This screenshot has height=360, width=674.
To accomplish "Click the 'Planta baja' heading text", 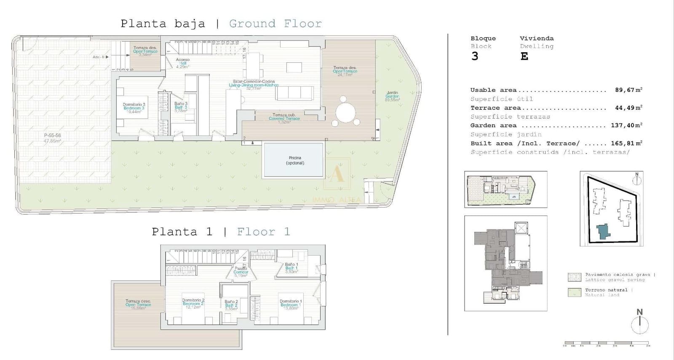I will (x=163, y=24).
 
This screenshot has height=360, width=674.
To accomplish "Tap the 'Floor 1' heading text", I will (x=263, y=232).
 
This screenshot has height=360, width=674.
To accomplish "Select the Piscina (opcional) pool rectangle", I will (x=294, y=160).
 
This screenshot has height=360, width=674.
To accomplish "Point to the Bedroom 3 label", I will (x=134, y=108).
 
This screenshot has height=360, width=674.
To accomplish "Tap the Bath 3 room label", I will (x=181, y=107).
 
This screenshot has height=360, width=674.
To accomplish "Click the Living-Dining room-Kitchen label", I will (x=254, y=85).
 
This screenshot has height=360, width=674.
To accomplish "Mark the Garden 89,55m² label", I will (x=392, y=96).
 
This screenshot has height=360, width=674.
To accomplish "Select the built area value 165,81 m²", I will (x=626, y=143).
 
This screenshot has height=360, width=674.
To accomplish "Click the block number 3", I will (x=475, y=57).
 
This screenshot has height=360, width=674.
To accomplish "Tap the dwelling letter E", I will (x=524, y=57).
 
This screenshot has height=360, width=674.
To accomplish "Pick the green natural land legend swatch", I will (x=574, y=292).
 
